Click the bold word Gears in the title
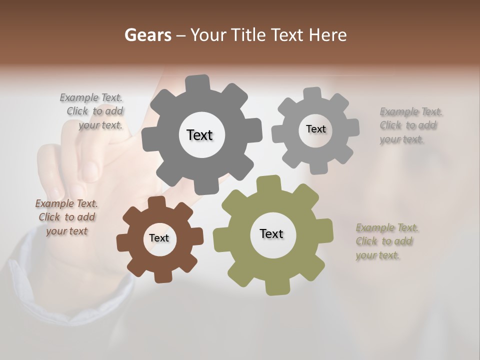[x=147, y=35]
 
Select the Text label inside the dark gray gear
[x=199, y=135]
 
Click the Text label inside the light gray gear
[x=315, y=129]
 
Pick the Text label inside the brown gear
[x=159, y=238]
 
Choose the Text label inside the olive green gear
[x=271, y=233]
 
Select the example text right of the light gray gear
[x=409, y=125]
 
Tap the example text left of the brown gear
[x=67, y=217]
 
